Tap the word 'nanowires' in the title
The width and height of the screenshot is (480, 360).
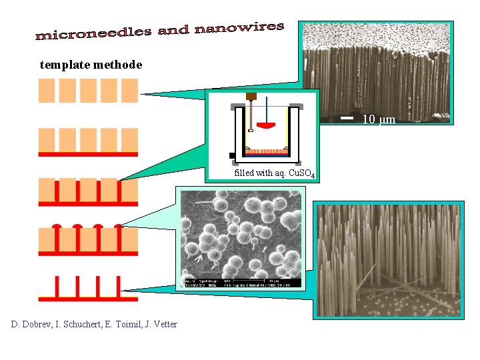click(240, 27)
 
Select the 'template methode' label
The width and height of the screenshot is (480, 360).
click(91, 65)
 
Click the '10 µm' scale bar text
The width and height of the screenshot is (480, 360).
click(379, 120)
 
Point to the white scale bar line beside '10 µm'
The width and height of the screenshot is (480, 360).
click(347, 118)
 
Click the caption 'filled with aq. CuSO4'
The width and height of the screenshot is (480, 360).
click(274, 174)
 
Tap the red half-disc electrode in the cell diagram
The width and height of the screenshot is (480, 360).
click(267, 125)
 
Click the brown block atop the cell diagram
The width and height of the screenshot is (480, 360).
click(251, 96)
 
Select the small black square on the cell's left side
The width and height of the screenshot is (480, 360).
click(231, 155)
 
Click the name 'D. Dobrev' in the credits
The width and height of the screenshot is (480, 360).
click(34, 324)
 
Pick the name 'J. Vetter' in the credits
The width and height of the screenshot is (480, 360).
click(160, 324)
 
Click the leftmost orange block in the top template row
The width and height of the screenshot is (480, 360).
click(47, 90)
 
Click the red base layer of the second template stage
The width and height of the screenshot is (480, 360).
click(88, 154)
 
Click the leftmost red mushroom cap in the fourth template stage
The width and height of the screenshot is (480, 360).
click(57, 227)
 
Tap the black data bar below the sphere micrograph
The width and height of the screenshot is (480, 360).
click(240, 283)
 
